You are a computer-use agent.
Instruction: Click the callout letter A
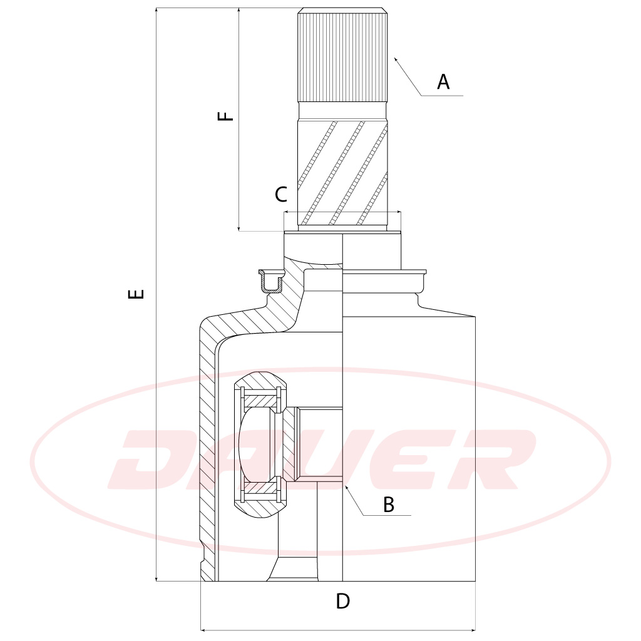(x=443, y=81)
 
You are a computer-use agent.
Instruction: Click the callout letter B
(x=389, y=504)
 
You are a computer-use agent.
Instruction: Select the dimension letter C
(x=281, y=195)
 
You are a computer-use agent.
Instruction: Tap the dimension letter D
(x=342, y=602)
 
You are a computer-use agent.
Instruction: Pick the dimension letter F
(x=225, y=116)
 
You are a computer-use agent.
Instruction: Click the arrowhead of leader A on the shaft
(x=396, y=59)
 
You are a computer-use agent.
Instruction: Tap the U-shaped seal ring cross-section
(x=272, y=283)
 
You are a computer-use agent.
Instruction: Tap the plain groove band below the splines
(x=342, y=111)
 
